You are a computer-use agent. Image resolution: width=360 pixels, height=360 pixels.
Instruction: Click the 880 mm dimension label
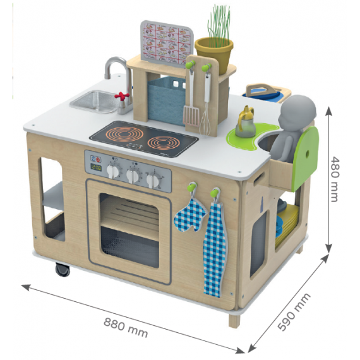coord(125,328)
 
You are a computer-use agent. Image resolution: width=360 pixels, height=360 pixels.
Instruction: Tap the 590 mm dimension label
coord(294,311)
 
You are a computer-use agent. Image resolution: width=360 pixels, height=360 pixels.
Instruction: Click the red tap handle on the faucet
coord(122,96)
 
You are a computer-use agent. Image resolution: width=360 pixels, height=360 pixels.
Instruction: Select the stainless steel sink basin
coord(94,102)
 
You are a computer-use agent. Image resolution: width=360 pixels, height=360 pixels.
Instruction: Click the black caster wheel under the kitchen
coord(63,269)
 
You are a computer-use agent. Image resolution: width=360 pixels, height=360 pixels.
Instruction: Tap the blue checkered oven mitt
coord(190,215)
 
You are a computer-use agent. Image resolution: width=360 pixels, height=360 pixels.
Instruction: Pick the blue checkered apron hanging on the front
coord(215,249)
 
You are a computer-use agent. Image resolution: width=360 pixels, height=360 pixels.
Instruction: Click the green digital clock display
coord(96,167)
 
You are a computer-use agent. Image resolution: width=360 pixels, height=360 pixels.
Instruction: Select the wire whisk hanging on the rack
coord(205,110)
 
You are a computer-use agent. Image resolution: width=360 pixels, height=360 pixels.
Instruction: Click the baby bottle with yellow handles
coord(246,122)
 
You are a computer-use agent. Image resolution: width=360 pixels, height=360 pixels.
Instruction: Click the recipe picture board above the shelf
coord(167,43)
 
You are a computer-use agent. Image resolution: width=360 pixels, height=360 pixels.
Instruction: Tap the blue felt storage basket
coord(165,100)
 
